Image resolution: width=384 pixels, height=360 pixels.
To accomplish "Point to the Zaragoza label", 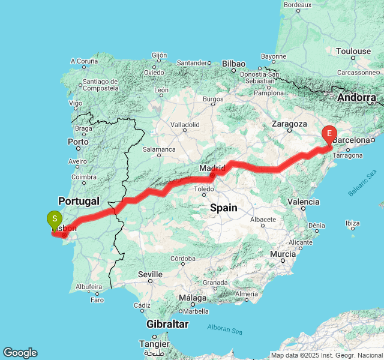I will pos(289,124).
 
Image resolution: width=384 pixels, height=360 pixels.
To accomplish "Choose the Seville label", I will pos(150,274).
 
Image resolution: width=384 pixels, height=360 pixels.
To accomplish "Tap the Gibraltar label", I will pos(167,324).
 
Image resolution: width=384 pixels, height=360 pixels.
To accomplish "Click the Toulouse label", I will pos(353,52).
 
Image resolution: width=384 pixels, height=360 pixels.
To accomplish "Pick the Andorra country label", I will pos(356,97).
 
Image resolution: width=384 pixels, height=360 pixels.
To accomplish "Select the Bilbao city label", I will pos(233,63).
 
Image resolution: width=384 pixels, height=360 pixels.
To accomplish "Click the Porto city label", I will pos(78,142).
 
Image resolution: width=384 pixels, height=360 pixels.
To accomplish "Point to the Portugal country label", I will pos(78,200).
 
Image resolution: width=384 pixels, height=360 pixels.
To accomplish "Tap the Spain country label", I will pos(223,208).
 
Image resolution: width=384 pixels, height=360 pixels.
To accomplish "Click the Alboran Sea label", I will pos(225,328).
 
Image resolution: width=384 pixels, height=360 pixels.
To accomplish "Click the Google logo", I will pos(20,353).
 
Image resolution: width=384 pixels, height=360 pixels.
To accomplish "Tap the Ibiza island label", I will pos(353,223).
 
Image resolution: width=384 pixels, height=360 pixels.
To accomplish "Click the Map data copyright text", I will pos(326,355).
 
